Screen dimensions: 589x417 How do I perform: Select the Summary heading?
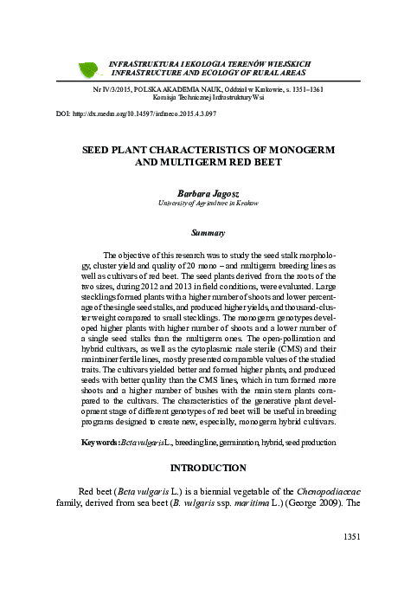pyautogui.click(x=208, y=233)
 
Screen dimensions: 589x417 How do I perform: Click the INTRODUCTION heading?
pyautogui.click(x=208, y=468)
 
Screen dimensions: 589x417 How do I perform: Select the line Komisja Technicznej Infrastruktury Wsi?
pyautogui.click(x=208, y=99)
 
